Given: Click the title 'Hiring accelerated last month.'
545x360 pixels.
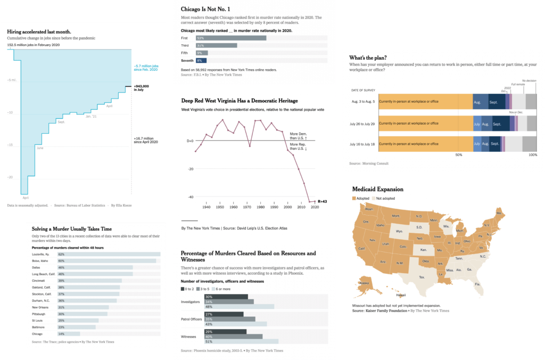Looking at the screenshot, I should [x=39, y=32].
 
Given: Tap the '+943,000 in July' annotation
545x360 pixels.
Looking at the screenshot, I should [x=141, y=87].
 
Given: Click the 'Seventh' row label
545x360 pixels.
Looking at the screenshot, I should [x=188, y=61].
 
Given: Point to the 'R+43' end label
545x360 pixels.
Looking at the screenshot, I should [x=322, y=201].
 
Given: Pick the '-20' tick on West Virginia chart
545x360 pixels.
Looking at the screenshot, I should [x=190, y=169].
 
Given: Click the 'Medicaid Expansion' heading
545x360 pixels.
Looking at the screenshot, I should [x=378, y=189].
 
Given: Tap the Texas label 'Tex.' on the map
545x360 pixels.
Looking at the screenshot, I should [x=422, y=277].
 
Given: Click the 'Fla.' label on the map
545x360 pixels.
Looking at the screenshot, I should [x=477, y=284].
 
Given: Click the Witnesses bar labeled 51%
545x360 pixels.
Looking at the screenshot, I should [x=242, y=341].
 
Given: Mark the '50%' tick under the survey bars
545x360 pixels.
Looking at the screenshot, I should [x=458, y=155].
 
